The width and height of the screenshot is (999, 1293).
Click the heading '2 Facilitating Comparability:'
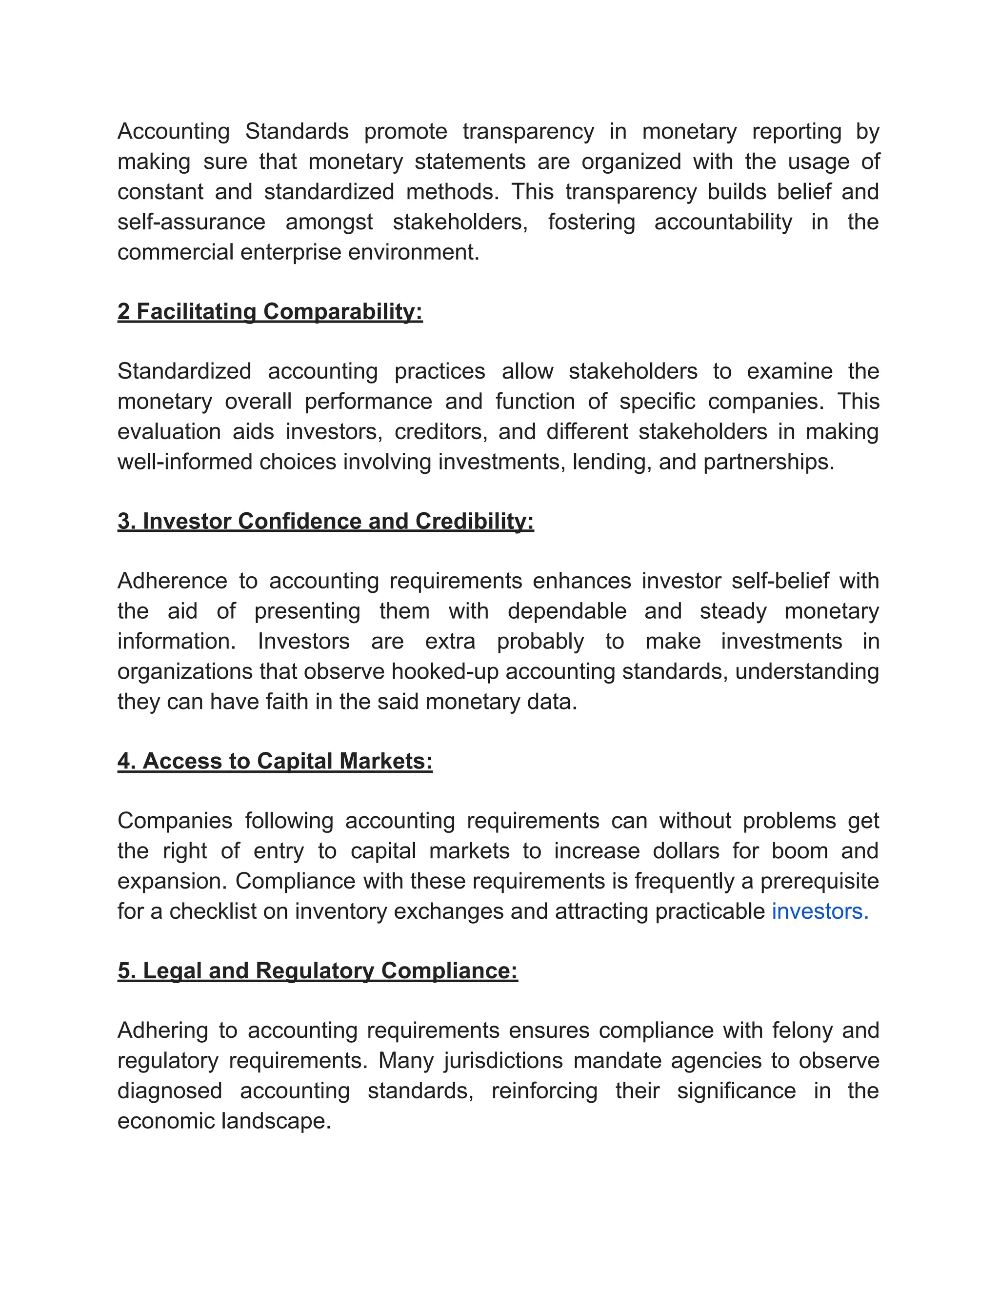(270, 311)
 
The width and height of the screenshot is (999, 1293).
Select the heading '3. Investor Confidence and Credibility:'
(325, 521)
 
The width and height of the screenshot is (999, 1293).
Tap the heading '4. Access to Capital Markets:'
(275, 761)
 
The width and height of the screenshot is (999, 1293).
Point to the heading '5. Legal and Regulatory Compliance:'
(317, 970)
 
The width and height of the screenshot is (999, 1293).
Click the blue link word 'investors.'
(819, 911)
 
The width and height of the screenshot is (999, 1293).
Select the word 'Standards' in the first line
(297, 131)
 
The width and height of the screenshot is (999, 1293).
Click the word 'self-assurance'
(191, 222)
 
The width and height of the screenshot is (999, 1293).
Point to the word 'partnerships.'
(768, 462)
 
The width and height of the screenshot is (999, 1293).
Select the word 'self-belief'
(779, 581)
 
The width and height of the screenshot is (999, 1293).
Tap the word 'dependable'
(566, 611)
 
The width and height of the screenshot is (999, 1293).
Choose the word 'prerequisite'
(819, 881)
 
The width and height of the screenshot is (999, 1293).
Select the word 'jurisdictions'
(503, 1061)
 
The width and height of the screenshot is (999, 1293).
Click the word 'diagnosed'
(169, 1091)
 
